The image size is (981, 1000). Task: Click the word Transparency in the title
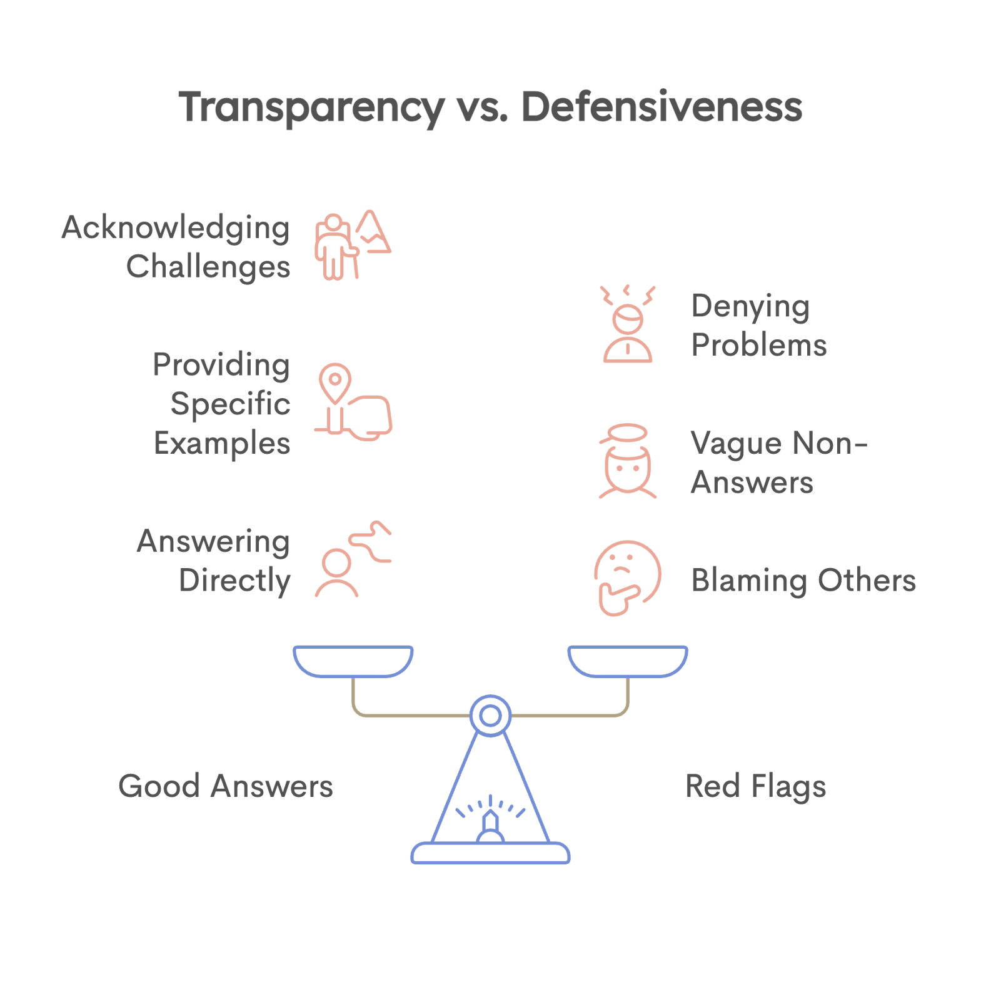coord(311,107)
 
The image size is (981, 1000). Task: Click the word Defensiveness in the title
coord(661,107)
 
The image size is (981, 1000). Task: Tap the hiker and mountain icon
coord(352,245)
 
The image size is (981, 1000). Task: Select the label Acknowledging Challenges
coord(176,246)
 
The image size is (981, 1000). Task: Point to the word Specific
coord(230,404)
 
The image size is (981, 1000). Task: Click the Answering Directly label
coord(213,561)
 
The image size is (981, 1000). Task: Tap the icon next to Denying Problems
coord(628,324)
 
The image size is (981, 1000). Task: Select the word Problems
coord(759,345)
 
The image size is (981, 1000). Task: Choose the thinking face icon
coord(627,577)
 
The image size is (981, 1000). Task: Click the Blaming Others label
coord(803,580)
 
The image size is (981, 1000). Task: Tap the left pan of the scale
coord(353,661)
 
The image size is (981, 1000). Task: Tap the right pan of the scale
coord(628,661)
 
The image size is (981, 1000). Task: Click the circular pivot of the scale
coord(491,716)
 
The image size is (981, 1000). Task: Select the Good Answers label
coord(225,786)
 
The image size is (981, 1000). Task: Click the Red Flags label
coord(756,786)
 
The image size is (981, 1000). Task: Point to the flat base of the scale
coord(490,854)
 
